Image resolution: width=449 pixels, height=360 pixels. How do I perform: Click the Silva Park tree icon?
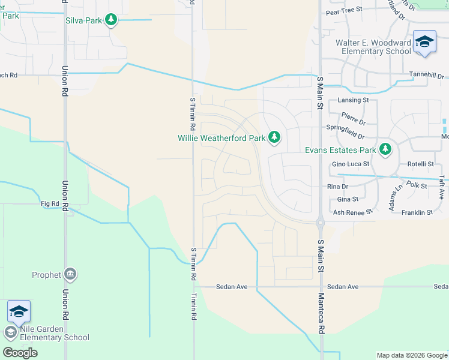(x=110, y=20)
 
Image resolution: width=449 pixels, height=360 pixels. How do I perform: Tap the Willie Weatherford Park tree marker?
(x=274, y=138)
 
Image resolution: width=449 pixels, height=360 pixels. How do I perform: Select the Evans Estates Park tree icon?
(x=385, y=149)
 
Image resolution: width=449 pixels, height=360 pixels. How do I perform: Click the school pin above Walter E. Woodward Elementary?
(x=424, y=42)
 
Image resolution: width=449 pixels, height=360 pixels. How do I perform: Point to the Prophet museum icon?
(x=70, y=275)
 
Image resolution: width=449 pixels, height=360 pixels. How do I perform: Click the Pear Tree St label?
(x=344, y=10)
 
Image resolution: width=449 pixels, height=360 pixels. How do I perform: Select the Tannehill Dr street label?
(x=427, y=77)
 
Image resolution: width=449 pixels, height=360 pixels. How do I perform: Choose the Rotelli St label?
(x=420, y=164)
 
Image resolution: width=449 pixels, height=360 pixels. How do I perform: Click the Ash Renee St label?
(x=353, y=212)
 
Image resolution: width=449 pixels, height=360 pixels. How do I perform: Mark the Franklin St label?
(x=417, y=212)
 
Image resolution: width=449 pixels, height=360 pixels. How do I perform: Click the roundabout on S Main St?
(x=321, y=222)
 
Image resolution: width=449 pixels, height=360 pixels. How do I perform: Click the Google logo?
(x=20, y=352)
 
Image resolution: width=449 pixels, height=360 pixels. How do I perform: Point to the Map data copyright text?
(x=411, y=355)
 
